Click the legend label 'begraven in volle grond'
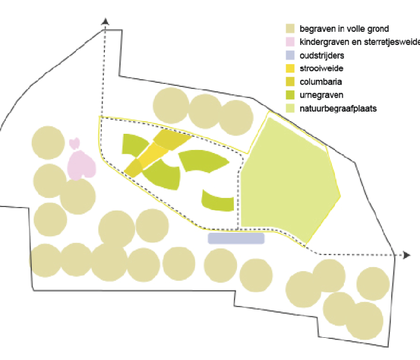pos(344,29)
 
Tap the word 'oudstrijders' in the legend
pos(322,55)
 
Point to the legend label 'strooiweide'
pos(322,68)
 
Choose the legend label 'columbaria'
pos(320,82)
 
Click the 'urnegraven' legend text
pos(322,95)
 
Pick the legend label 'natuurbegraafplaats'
pos(338,109)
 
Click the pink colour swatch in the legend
pos(290,42)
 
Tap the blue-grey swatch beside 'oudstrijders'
pos(290,55)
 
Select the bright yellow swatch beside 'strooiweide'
pos(290,68)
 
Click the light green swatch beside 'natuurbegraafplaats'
pos(290,108)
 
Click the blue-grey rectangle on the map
pos(236,238)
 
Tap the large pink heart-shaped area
pos(81,165)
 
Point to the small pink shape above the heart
pos(74,143)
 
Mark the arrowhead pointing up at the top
pos(105,22)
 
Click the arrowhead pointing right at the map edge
pos(407,255)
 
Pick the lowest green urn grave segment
pos(217,201)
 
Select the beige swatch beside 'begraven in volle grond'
pos(290,28)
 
